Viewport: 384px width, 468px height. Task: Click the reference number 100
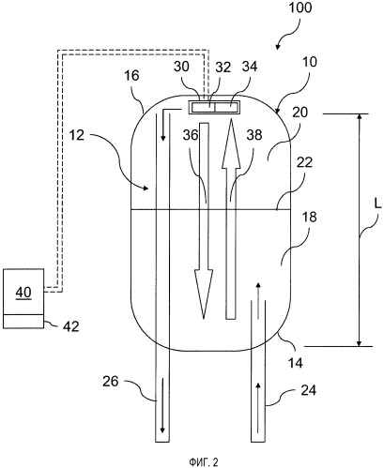pos(300,8)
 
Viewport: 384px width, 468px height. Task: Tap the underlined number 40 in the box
pos(23,293)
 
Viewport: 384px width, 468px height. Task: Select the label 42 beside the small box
pos(71,326)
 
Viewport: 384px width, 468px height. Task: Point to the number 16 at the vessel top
pos(131,75)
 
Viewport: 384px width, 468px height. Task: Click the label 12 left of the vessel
pos(77,135)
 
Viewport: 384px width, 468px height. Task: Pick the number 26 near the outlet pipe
pos(111,382)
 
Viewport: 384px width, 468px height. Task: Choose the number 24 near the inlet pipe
pos(309,390)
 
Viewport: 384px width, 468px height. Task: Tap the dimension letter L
pos(377,204)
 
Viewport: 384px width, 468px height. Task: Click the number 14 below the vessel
pos(296,363)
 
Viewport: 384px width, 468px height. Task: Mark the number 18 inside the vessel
pos(310,217)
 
